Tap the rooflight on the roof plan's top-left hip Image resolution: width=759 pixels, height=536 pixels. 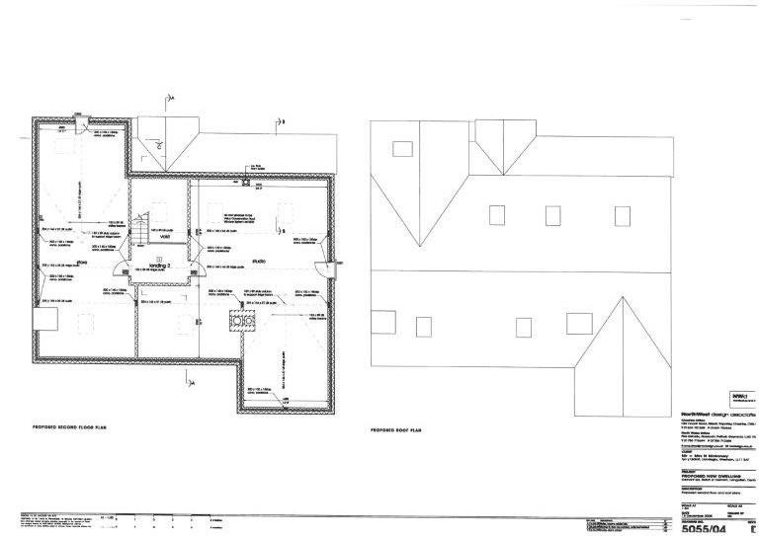click(402, 149)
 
